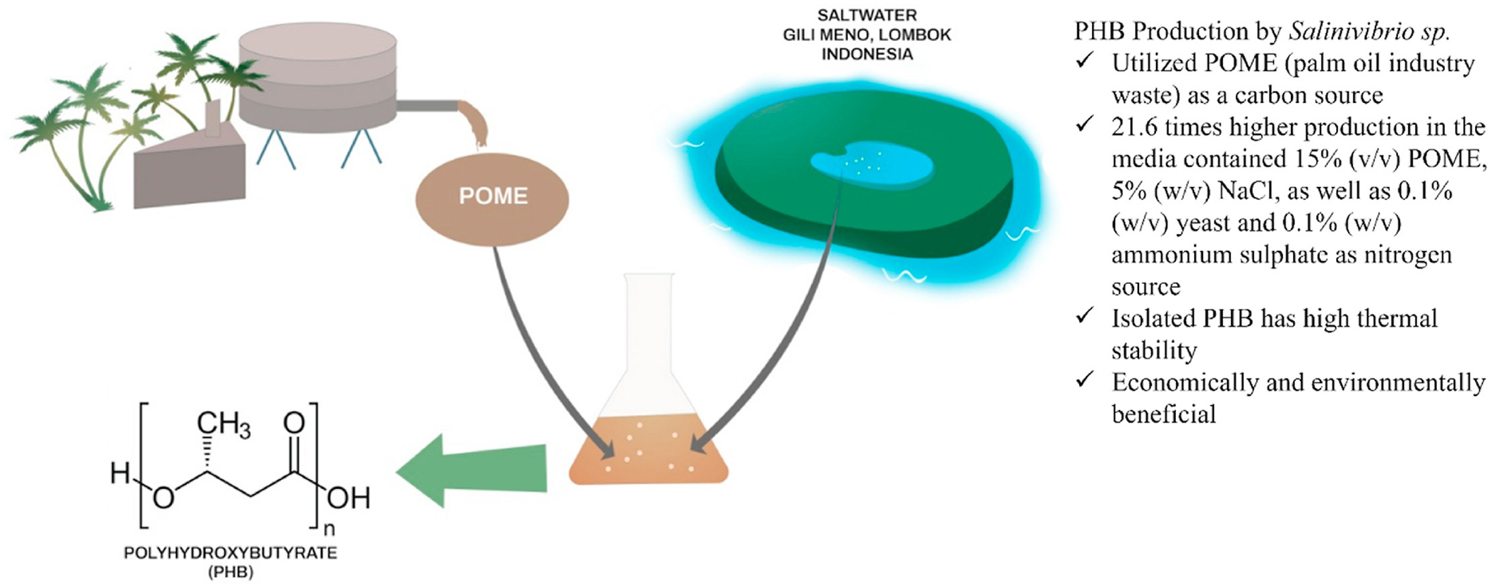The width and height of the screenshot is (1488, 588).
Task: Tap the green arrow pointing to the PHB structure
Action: tap(471, 470)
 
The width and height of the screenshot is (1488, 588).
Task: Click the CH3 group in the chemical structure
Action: tap(223, 424)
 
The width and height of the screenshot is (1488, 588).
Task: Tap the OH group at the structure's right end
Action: tap(348, 499)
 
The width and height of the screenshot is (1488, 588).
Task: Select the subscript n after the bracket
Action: tap(329, 529)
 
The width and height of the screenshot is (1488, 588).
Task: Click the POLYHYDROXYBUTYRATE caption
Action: tap(231, 553)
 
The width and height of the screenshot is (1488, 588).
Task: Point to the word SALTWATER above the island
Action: tap(867, 15)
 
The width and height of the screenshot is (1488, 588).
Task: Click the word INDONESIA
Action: tap(867, 54)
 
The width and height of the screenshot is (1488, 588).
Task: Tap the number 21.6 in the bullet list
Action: tap(1134, 127)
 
